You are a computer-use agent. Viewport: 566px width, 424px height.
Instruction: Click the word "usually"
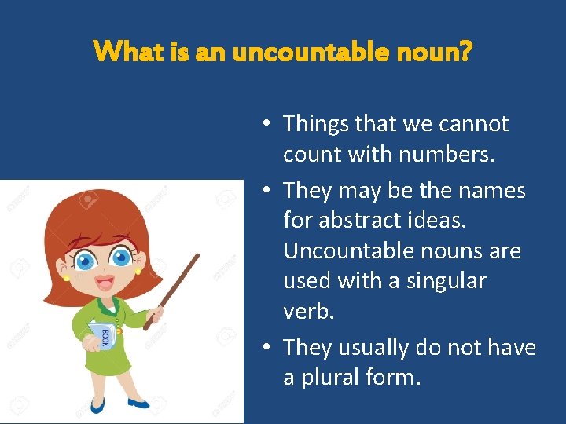point(384,347)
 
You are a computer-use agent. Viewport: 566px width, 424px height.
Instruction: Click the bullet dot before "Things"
point(267,124)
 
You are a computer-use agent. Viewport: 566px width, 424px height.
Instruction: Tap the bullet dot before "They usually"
point(267,347)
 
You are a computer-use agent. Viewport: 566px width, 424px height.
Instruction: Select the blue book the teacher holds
point(102,337)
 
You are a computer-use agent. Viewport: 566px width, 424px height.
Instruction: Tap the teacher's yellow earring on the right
point(138,272)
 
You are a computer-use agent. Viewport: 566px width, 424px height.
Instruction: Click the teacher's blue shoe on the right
point(138,404)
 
